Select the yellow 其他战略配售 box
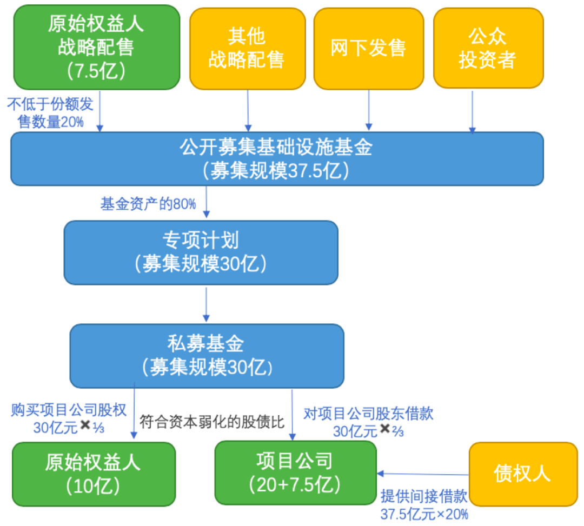247,49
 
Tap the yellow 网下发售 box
368,49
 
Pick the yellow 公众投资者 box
488,49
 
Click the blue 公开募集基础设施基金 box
277,158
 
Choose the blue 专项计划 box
201,252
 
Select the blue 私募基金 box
207,355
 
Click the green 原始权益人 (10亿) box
94,474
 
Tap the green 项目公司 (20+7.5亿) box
295,472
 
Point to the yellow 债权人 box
522,474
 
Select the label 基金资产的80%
148,204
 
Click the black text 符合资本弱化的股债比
211,422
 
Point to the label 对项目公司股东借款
368,414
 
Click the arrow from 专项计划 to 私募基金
206,304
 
